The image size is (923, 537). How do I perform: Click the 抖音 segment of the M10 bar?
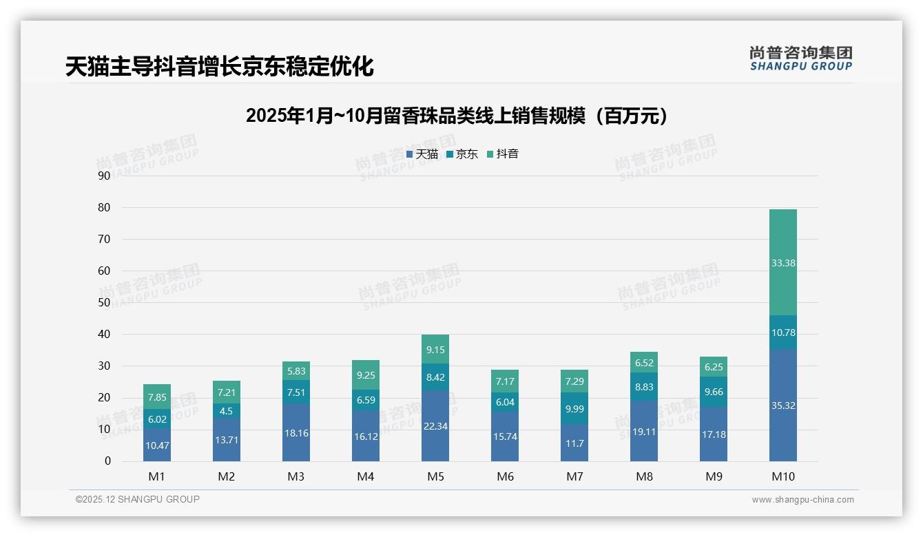pos(783,262)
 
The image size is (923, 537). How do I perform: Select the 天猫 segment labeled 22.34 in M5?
pos(435,426)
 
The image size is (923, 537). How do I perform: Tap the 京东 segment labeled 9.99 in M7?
pos(574,409)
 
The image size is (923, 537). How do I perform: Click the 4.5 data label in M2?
pos(227,412)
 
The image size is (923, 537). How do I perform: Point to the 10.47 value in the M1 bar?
pos(157,445)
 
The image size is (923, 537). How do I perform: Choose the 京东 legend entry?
pos(462,154)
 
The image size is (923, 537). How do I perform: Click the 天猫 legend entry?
pos(422,154)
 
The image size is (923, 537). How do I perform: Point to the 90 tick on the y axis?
pos(104,176)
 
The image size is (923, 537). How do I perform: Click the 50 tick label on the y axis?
pos(104,302)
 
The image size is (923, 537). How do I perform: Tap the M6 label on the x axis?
pos(505,476)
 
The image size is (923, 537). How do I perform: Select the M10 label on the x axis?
pos(783,476)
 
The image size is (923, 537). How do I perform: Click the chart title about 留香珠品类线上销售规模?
pos(457,116)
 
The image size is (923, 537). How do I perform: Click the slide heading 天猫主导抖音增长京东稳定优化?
pos(220,67)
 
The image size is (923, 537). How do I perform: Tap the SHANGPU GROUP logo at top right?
pos(801,59)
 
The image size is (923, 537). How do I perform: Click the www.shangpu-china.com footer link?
pos(802,500)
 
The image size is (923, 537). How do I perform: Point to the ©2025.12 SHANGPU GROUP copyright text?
pos(138,500)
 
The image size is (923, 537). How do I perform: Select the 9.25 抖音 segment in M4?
pos(366,375)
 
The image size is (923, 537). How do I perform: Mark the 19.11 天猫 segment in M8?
pos(644,430)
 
